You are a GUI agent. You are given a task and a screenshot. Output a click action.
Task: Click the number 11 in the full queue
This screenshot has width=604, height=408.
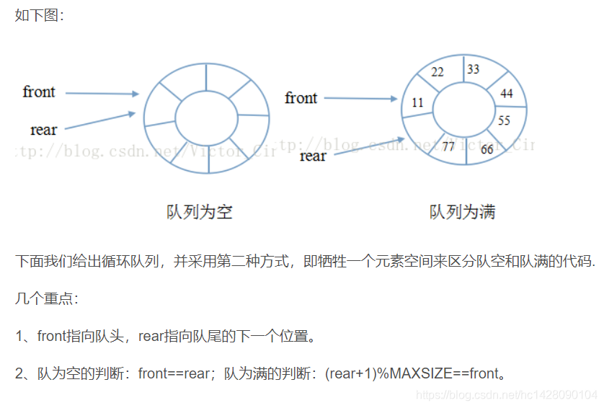pyautogui.click(x=418, y=103)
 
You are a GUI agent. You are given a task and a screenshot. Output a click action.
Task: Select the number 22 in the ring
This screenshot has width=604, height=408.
pyautogui.click(x=438, y=72)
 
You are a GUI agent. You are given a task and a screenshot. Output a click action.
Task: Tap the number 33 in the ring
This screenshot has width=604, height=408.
pyautogui.click(x=473, y=69)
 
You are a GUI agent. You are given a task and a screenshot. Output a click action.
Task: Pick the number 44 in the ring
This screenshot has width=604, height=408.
pyautogui.click(x=507, y=94)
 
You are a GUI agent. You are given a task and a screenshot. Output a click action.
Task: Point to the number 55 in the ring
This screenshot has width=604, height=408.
pyautogui.click(x=505, y=120)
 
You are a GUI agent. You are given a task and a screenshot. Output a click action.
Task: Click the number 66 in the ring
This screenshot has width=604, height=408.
pyautogui.click(x=487, y=149)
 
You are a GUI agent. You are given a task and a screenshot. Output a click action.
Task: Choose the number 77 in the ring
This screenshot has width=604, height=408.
pyautogui.click(x=448, y=147)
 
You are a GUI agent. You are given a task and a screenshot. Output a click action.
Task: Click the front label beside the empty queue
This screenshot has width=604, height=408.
pyautogui.click(x=39, y=92)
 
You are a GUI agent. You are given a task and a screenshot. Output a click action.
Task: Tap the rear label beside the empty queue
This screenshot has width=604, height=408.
pyautogui.click(x=43, y=130)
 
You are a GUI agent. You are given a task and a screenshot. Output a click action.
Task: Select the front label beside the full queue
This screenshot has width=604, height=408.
pyautogui.click(x=301, y=97)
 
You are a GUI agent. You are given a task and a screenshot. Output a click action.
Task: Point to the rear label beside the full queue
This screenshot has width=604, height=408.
pyautogui.click(x=313, y=156)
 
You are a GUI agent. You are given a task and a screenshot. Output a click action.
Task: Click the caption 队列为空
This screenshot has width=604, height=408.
pyautogui.click(x=199, y=212)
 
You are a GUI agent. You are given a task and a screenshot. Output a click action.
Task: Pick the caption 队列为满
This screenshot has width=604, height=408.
pyautogui.click(x=462, y=212)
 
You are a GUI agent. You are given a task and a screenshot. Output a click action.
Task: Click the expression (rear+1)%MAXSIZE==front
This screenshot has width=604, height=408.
pyautogui.click(x=411, y=373)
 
